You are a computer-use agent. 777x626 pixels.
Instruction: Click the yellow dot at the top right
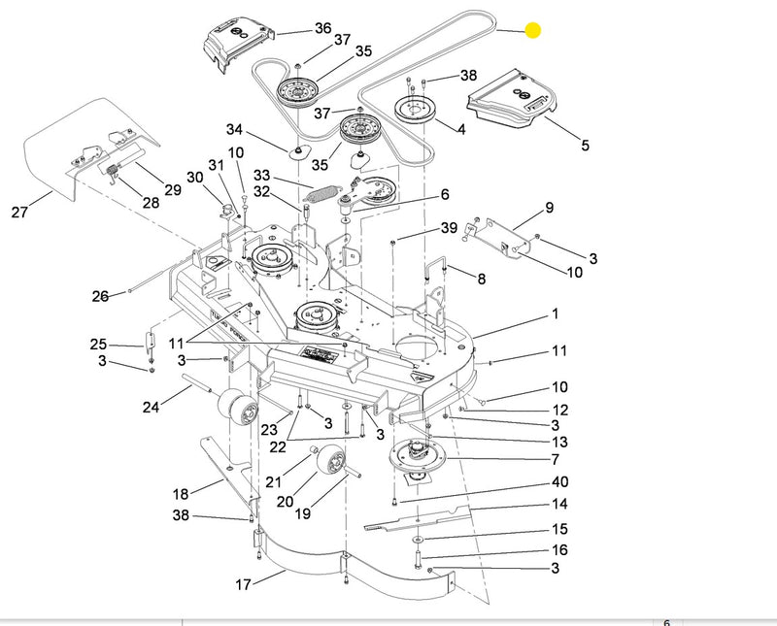(533, 30)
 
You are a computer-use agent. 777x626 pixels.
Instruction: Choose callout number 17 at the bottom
(244, 584)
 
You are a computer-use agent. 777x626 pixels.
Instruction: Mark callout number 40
(559, 482)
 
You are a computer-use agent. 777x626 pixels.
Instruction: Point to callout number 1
(555, 314)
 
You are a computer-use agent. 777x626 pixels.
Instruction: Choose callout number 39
(448, 227)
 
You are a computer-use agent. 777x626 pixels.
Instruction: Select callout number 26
(100, 296)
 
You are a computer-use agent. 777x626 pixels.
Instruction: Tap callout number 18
(181, 493)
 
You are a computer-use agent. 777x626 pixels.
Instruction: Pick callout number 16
(559, 550)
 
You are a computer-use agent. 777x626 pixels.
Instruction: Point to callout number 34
(234, 130)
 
